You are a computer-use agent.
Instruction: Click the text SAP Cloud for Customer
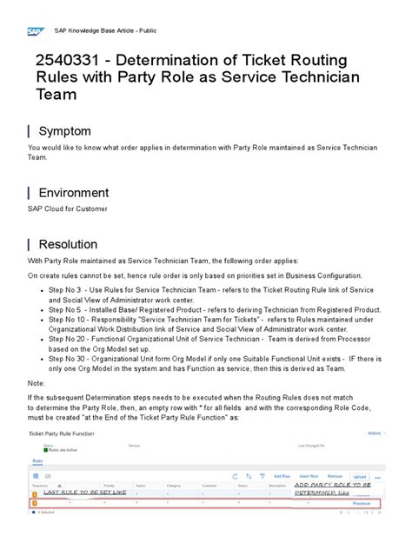tap(65, 209)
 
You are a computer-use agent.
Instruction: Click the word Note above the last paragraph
tap(37, 382)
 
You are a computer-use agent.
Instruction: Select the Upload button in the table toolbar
tap(360, 477)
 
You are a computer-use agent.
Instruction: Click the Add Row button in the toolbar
tap(281, 477)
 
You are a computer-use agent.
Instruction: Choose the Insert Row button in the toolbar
tap(309, 477)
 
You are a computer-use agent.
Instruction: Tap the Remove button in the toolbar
tap(336, 477)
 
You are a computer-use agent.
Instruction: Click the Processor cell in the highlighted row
tap(362, 503)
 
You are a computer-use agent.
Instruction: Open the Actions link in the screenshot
tap(374, 432)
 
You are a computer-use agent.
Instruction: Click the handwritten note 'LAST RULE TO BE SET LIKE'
tap(85, 492)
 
